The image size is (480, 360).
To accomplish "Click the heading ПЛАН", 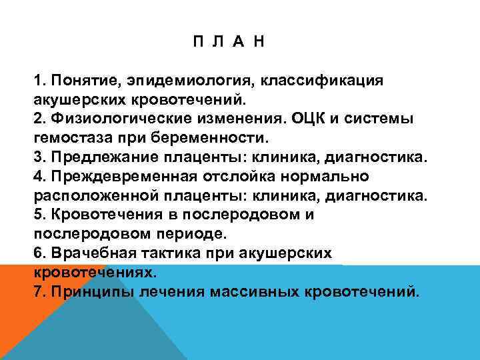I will coord(228,42).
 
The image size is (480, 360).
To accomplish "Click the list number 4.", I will coord(37,177).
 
